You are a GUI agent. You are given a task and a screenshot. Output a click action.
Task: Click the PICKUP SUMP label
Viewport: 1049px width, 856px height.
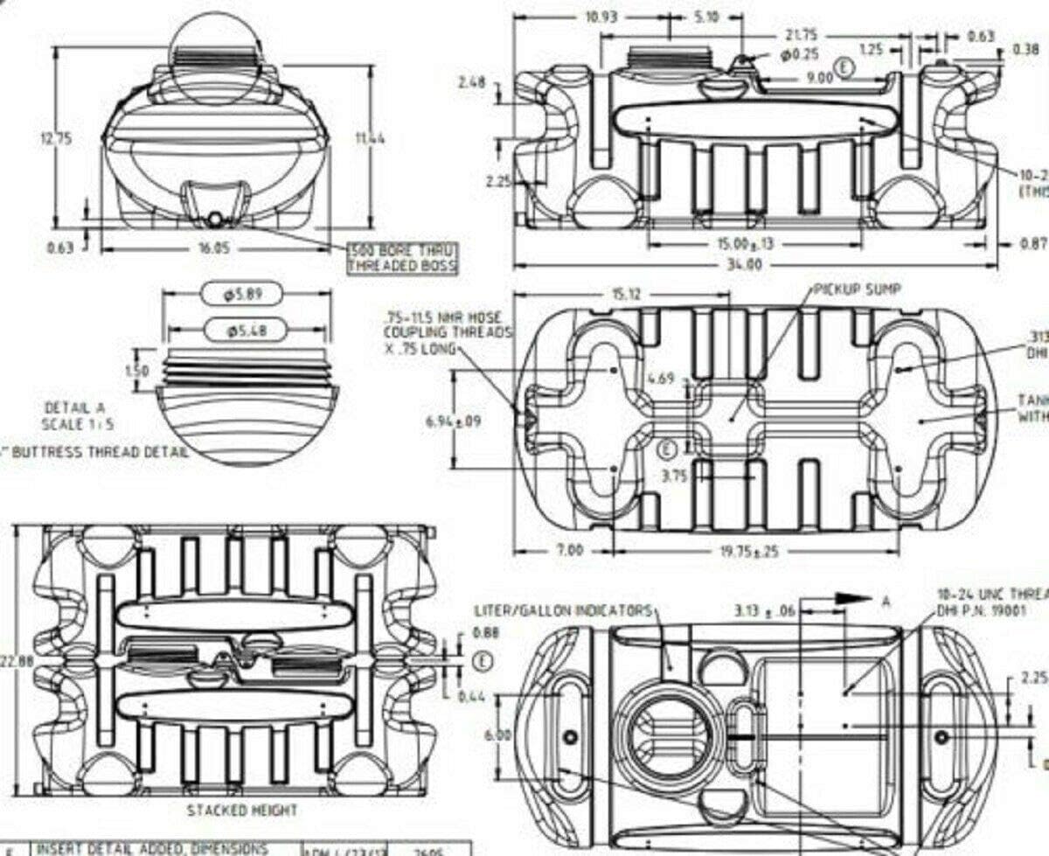tap(857, 289)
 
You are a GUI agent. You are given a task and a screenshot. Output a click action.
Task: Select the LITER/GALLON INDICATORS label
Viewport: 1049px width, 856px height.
tap(563, 609)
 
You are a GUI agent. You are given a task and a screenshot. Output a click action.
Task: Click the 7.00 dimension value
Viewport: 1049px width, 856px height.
tap(568, 552)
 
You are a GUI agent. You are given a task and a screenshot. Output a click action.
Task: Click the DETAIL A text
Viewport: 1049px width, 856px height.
tap(74, 407)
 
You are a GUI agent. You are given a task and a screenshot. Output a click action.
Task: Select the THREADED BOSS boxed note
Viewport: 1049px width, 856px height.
tap(402, 265)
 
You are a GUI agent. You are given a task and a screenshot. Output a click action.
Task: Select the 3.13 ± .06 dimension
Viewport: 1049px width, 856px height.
tap(765, 610)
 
